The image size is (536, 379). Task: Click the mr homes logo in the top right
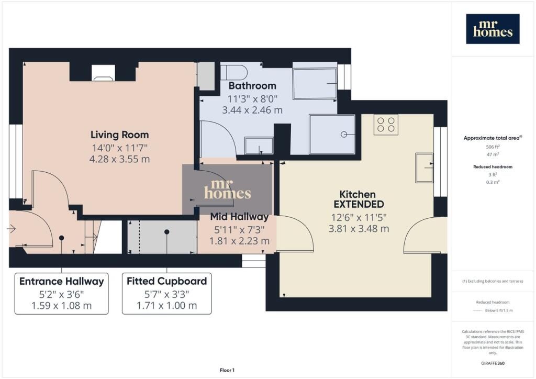(x=493, y=29)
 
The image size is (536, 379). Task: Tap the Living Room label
(x=120, y=135)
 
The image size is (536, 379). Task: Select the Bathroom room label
(x=252, y=86)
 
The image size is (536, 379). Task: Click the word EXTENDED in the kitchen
(x=359, y=204)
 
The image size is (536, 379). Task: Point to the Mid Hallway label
(x=239, y=217)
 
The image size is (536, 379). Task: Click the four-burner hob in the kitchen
(x=386, y=125)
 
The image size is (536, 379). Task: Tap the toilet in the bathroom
(x=234, y=72)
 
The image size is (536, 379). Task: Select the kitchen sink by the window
(x=424, y=168)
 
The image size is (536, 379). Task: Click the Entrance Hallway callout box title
(x=62, y=281)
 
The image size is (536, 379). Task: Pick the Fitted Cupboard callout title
(x=167, y=281)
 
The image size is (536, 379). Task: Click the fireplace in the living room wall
(x=103, y=73)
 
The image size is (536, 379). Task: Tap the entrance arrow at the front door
(x=12, y=228)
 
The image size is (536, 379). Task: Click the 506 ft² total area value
(x=493, y=147)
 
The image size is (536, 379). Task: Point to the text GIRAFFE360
(x=493, y=363)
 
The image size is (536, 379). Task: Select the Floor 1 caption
(x=227, y=370)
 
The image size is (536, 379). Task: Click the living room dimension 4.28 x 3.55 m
(x=120, y=159)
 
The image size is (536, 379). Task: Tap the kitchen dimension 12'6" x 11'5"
(x=359, y=218)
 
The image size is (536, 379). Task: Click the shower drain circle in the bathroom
(x=344, y=135)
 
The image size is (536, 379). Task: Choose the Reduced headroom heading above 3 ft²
(x=493, y=167)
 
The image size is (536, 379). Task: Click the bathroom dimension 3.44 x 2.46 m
(x=252, y=110)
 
